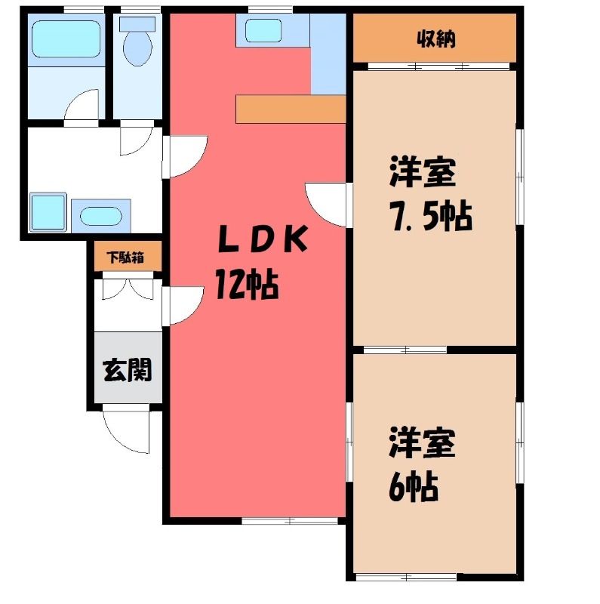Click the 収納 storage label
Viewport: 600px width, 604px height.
[x=436, y=39]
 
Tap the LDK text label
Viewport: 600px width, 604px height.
[x=263, y=239]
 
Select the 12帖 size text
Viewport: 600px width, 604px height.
[x=247, y=285]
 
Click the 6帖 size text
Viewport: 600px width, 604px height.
[x=414, y=486]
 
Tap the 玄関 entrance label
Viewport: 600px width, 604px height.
[x=128, y=370]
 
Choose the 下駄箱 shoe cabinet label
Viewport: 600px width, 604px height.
[x=126, y=257]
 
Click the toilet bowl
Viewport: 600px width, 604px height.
[x=137, y=42]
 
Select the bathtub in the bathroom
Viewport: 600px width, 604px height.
[x=66, y=39]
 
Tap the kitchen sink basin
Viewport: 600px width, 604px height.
[x=263, y=30]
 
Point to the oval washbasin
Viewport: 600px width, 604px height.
[x=101, y=216]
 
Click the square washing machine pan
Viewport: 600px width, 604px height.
[x=48, y=212]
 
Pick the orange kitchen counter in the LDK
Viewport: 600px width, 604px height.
[x=291, y=109]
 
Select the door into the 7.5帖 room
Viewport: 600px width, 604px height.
[x=327, y=205]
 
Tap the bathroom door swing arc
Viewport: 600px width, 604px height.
[x=82, y=104]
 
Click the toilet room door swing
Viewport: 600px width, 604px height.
[x=137, y=139]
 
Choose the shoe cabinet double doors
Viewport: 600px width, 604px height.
[x=128, y=288]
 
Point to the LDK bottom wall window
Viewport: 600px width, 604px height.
[x=290, y=521]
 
